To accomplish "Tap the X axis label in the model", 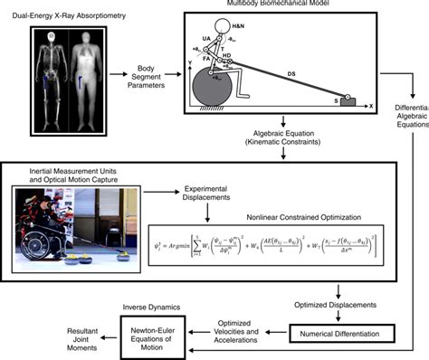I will point(372,106).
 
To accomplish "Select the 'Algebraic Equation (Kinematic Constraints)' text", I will point(284,137).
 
